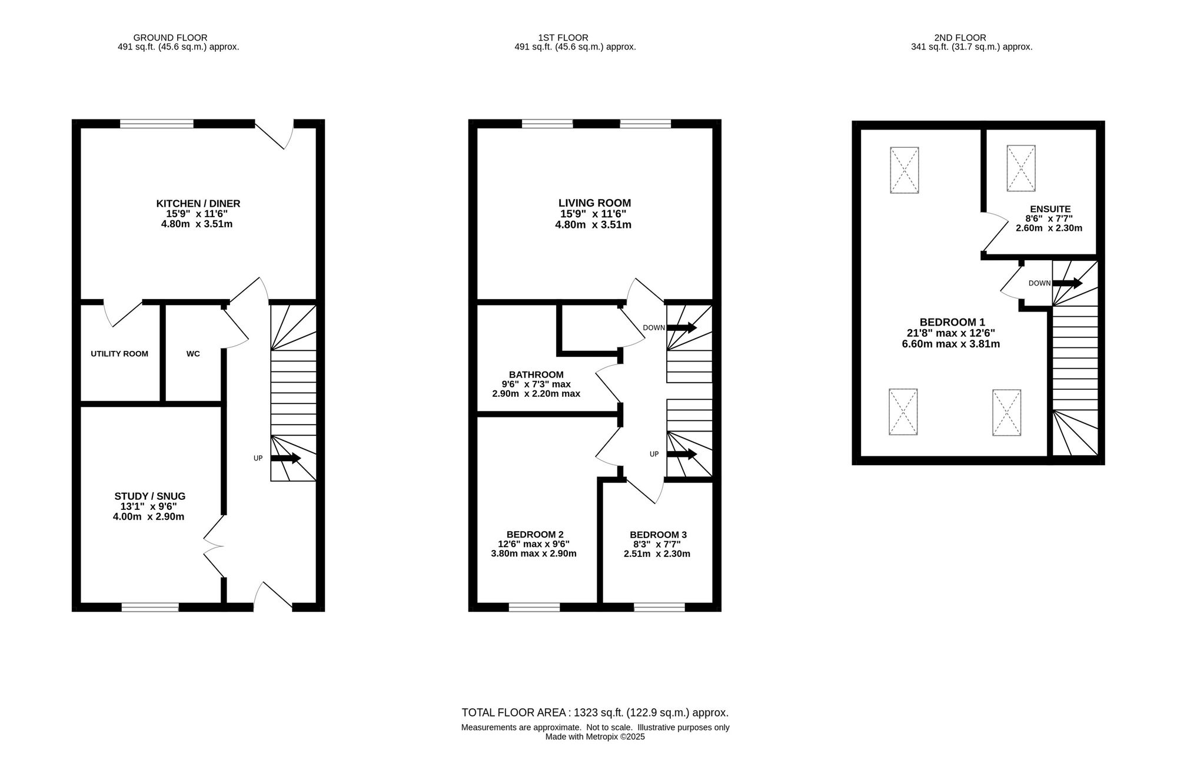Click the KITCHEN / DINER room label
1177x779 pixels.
[198, 204]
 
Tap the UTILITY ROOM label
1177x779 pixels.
[119, 354]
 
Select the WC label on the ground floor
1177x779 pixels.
[193, 354]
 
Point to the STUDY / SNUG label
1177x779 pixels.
[149, 496]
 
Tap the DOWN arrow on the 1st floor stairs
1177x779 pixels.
[681, 327]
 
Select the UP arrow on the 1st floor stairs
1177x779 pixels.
[681, 454]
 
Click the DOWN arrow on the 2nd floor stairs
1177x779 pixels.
[1067, 283]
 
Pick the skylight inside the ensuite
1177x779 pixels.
[1021, 168]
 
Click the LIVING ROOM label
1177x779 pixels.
[594, 204]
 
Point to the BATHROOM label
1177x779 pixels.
[536, 374]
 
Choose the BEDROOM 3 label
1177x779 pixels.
[658, 535]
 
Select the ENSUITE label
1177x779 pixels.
[1050, 209]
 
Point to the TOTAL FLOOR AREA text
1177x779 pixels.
[595, 712]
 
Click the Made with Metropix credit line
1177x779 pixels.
[595, 737]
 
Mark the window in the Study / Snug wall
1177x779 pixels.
[150, 607]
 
